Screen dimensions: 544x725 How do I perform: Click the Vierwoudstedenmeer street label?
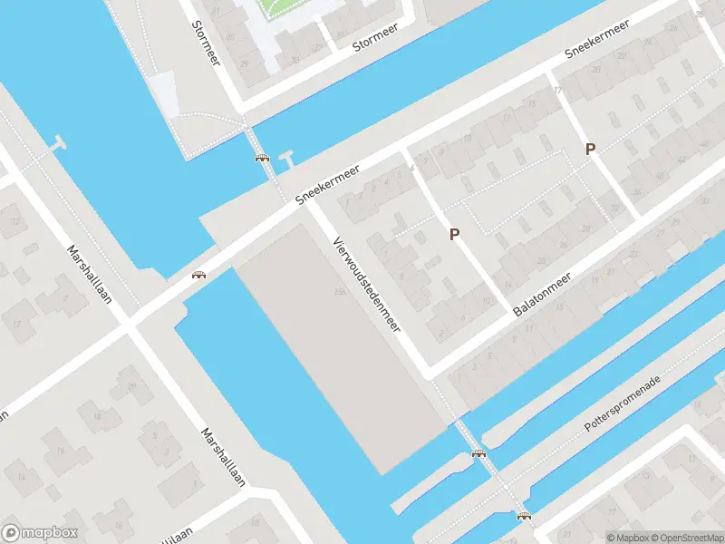pyautogui.click(x=367, y=284)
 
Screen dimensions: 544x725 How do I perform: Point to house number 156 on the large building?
pyautogui.click(x=340, y=292)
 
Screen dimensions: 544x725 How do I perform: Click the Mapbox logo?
pyautogui.click(x=40, y=533)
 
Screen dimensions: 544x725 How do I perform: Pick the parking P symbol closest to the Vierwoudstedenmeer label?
pyautogui.click(x=455, y=234)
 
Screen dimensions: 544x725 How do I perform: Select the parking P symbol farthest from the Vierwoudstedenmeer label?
pyautogui.click(x=590, y=150)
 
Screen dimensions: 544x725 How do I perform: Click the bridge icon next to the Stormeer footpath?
pyautogui.click(x=263, y=159)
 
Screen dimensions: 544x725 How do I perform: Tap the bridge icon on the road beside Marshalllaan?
pyautogui.click(x=198, y=275)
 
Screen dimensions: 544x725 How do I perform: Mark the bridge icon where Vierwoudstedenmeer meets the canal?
pyautogui.click(x=478, y=453)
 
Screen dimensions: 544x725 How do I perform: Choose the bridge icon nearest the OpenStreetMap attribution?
pyautogui.click(x=524, y=516)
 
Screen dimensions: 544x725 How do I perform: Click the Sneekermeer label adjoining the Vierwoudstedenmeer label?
pyautogui.click(x=327, y=184)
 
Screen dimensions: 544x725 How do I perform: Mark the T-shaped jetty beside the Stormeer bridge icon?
pyautogui.click(x=288, y=157)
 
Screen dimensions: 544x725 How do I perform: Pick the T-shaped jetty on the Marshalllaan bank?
pyautogui.click(x=60, y=142)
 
